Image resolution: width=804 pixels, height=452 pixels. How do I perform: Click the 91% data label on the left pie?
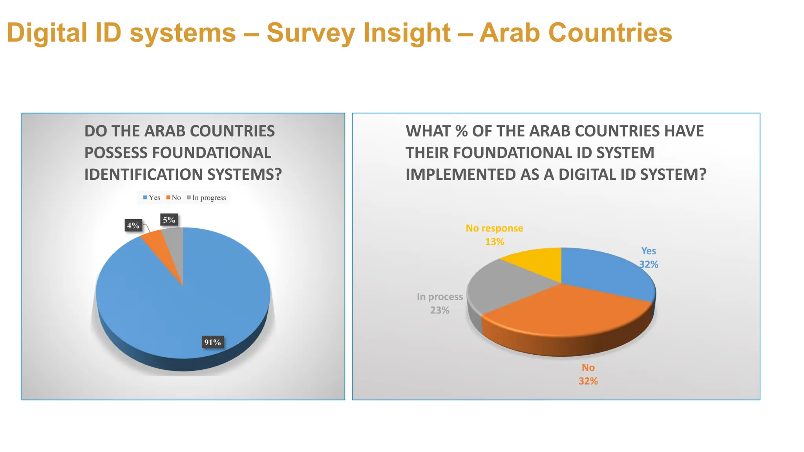[212, 342]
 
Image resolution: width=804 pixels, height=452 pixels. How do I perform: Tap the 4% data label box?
[133, 225]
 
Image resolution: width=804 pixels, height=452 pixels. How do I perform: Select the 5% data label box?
[169, 220]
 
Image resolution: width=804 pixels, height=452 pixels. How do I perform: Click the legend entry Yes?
[152, 198]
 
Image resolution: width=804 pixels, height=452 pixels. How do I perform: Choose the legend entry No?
[174, 198]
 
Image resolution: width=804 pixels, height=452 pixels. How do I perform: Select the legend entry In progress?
[206, 198]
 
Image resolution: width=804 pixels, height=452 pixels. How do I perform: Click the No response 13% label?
[494, 235]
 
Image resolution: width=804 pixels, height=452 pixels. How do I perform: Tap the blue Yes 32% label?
[649, 257]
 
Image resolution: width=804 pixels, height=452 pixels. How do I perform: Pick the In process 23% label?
[440, 303]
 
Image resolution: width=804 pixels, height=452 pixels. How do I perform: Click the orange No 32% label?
[588, 374]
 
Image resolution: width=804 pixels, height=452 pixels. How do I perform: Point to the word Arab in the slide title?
[510, 33]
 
